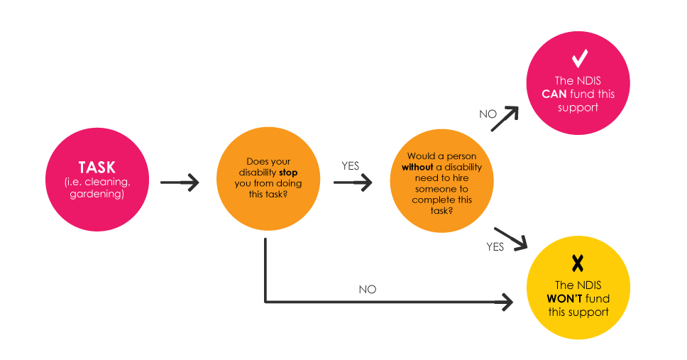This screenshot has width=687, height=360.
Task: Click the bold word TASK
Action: tap(97, 167)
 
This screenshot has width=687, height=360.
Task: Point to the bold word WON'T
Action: tap(566, 299)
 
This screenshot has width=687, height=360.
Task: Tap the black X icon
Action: tap(578, 263)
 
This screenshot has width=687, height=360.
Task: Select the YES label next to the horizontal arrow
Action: tap(351, 166)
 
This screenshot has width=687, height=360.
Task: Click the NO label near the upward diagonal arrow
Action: tap(488, 114)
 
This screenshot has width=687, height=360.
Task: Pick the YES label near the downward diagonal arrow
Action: tap(495, 247)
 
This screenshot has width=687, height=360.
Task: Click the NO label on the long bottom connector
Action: tap(368, 290)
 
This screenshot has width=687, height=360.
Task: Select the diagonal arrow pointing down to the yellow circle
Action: tap(510, 238)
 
